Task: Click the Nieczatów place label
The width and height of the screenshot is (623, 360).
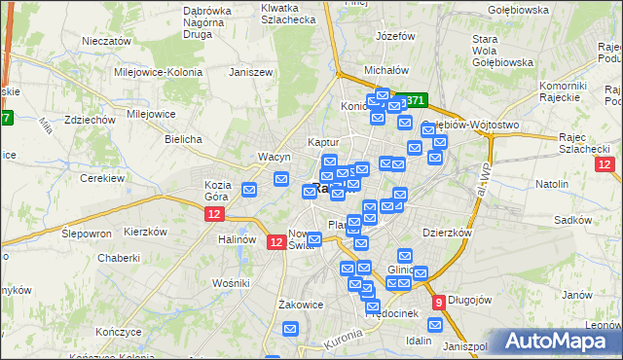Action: pyautogui.click(x=107, y=42)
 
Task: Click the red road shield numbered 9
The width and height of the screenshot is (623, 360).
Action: pyautogui.click(x=439, y=302)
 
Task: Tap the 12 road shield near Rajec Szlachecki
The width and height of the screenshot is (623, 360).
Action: pyautogui.click(x=605, y=164)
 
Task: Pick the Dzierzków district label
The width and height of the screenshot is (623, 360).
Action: pyautogui.click(x=448, y=234)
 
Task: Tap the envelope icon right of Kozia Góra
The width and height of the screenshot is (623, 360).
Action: pyautogui.click(x=250, y=189)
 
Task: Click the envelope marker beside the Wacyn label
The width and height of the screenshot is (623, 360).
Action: pyautogui.click(x=281, y=178)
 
